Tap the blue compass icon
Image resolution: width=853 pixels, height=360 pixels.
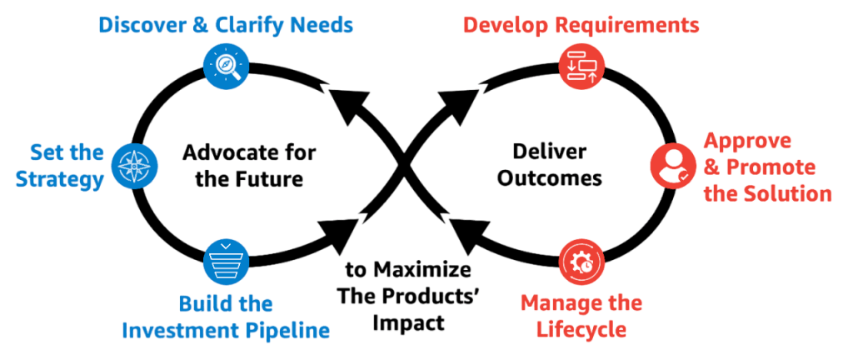pyautogui.click(x=134, y=165)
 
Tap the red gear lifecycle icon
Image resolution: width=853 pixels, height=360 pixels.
pyautogui.click(x=580, y=262)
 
